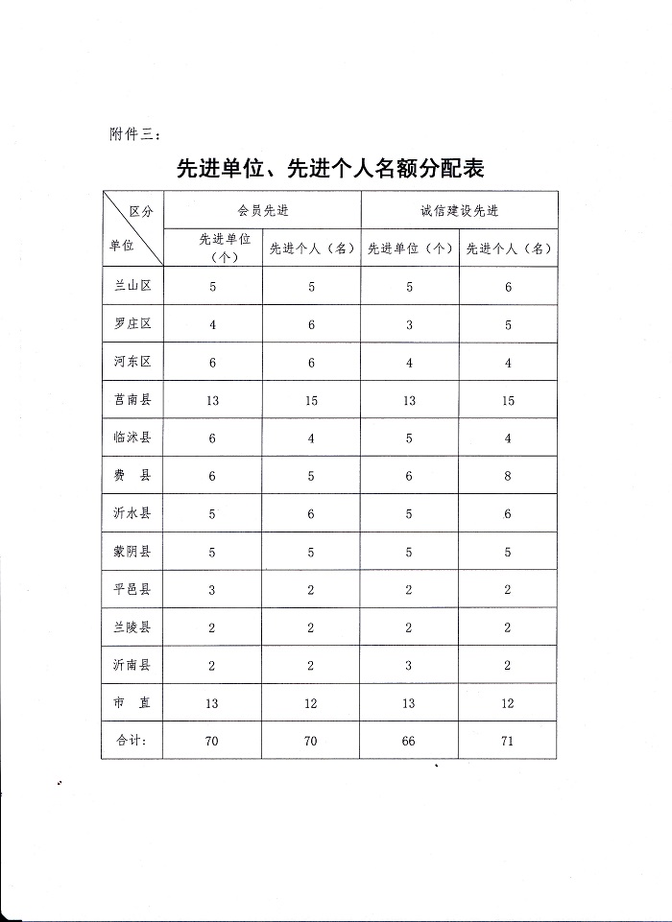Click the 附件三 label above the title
point(133,133)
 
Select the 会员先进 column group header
point(263,210)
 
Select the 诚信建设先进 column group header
point(459,210)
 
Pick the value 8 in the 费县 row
point(508,476)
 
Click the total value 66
point(409,742)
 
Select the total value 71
point(508,742)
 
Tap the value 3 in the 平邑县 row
point(212,590)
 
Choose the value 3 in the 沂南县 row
point(409,666)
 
